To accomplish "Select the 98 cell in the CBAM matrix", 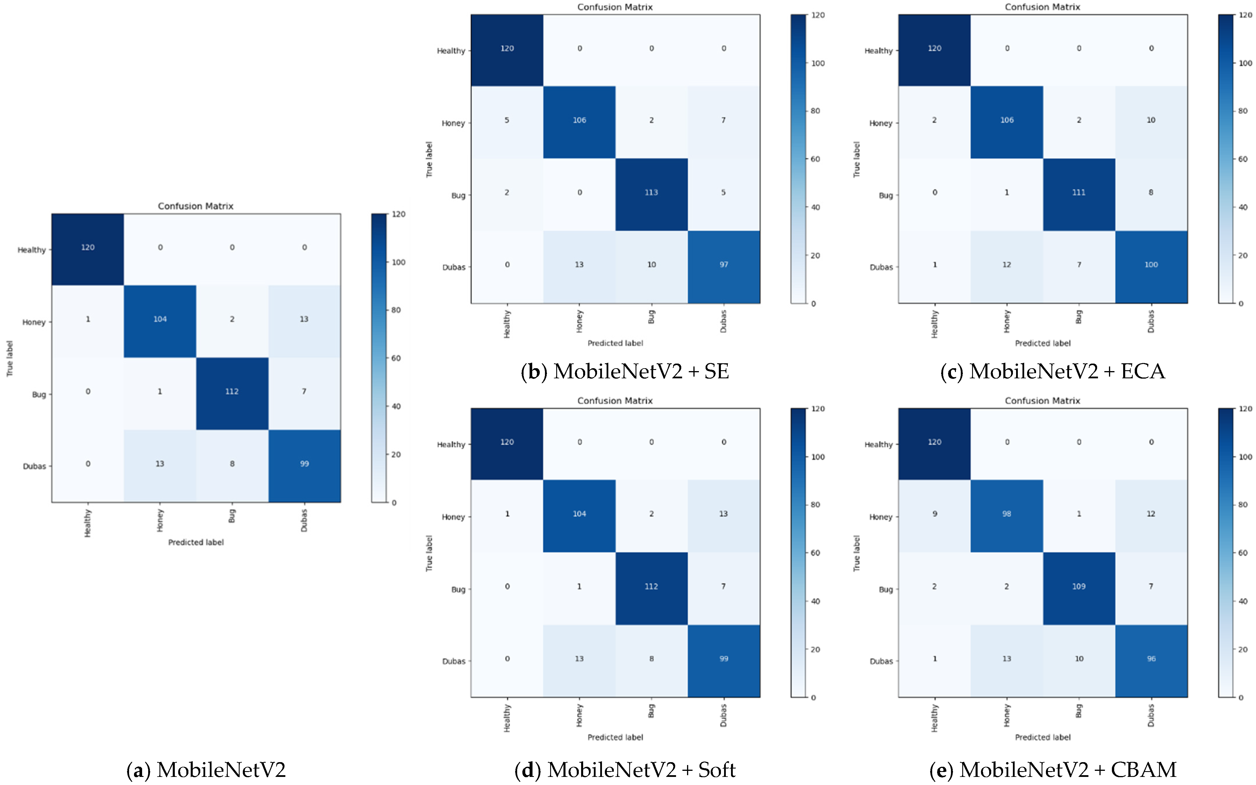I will point(1006,514).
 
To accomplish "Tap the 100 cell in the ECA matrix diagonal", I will point(1151,265).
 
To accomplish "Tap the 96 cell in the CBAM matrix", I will point(1151,659).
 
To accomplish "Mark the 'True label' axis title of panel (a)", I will point(9,358).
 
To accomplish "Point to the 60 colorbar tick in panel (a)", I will point(396,358).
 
